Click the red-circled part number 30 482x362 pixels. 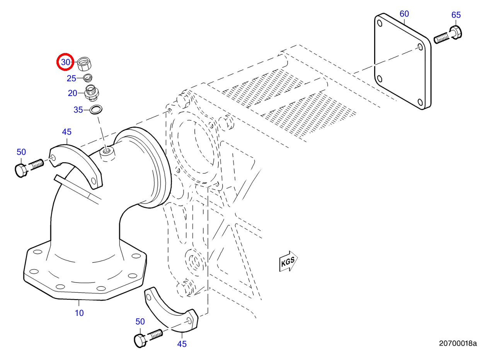pos(65,62)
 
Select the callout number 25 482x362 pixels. pos(72,79)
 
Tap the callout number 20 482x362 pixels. pos(72,93)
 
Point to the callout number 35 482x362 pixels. pos(78,110)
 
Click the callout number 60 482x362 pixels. pos(404,14)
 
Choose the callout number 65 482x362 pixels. pos(456,15)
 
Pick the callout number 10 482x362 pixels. pos(79,313)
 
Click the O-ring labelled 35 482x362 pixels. pos(96,110)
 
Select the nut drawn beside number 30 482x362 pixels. pos(84,64)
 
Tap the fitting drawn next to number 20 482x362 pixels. pos(92,93)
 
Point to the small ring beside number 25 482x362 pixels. pos(88,77)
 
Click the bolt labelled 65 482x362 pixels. pos(448,35)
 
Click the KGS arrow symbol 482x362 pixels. pos(288,261)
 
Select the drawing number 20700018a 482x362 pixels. pos(458,343)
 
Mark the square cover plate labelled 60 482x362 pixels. pos(402,62)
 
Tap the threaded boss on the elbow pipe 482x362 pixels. pos(107,154)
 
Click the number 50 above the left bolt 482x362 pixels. pos(21,152)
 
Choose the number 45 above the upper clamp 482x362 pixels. pos(66,132)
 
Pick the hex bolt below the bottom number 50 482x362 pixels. pos(148,338)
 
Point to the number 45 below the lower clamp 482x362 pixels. pos(182,344)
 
